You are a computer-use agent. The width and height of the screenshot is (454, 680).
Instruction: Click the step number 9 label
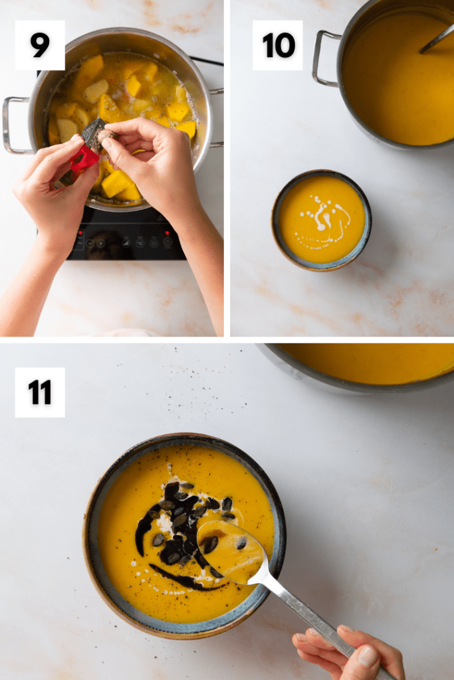[40, 45]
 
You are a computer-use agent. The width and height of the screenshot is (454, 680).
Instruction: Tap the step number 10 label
[278, 45]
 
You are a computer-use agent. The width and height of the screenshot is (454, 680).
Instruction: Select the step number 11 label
[40, 392]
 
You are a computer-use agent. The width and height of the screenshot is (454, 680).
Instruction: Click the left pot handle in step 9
[16, 126]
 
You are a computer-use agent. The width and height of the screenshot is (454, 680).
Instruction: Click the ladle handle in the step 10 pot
[437, 40]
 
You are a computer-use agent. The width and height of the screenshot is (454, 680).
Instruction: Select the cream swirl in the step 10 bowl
[323, 219]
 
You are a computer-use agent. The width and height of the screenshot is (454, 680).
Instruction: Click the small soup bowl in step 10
[321, 220]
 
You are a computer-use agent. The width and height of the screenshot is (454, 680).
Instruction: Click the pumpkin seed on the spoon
[211, 545]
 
